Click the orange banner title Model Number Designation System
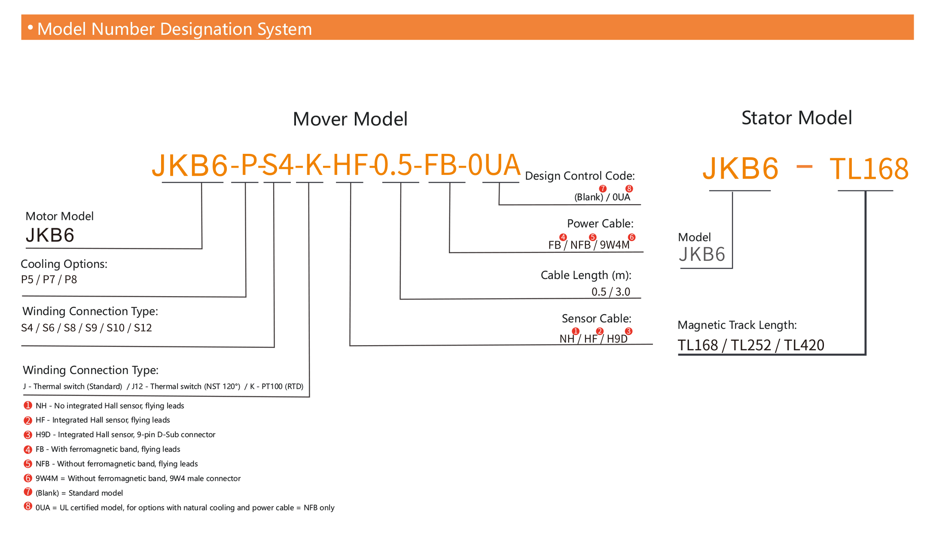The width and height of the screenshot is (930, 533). [174, 29]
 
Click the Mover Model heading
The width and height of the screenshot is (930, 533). [350, 119]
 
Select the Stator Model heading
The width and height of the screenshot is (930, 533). [796, 118]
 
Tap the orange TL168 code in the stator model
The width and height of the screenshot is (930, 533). [869, 169]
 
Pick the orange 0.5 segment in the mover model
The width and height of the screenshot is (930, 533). [393, 165]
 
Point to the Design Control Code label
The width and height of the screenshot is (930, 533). [579, 176]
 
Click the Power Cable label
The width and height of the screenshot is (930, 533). [600, 224]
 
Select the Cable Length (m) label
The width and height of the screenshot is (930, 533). [585, 275]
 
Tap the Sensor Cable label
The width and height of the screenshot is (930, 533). [596, 319]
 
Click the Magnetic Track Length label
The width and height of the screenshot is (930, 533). [737, 325]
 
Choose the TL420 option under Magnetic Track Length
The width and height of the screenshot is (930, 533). [804, 345]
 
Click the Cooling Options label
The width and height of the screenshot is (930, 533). [64, 264]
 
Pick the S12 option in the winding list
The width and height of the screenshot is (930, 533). [143, 328]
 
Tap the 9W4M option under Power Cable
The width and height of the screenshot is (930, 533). [614, 245]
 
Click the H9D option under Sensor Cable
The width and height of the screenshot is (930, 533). [617, 339]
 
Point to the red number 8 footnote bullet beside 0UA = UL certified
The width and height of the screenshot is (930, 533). [28, 506]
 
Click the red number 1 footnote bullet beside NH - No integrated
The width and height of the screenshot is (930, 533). [28, 405]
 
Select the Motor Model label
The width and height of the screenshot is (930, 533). [59, 216]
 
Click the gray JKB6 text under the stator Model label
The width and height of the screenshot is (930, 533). [702, 254]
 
